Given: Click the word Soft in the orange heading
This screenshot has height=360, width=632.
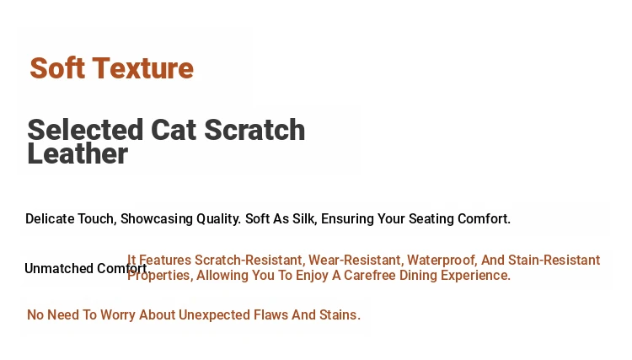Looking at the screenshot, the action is (57, 67).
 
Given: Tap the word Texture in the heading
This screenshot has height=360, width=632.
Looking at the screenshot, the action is (143, 67).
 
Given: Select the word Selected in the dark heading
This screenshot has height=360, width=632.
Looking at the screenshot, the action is (85, 130).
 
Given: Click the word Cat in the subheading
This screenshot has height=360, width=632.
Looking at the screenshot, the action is (174, 130).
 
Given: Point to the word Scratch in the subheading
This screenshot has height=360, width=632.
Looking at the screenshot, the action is (254, 130).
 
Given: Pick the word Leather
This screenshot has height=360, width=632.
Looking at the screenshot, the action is (78, 153).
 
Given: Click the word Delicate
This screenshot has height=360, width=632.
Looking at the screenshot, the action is (50, 219).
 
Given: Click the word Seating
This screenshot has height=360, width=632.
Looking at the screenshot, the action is (431, 219).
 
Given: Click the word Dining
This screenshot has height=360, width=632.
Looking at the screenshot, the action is (418, 276).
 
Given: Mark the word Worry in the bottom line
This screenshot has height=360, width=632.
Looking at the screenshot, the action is (118, 315).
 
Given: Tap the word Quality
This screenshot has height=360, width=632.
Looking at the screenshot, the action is (218, 219).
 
